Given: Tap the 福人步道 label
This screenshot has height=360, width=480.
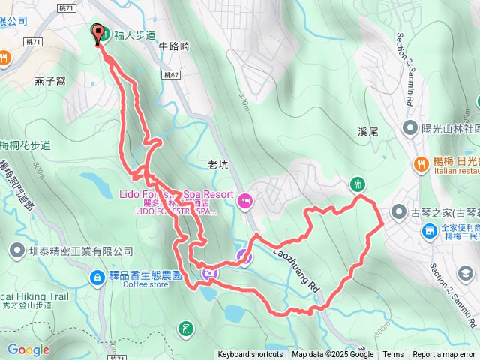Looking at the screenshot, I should pyautogui.click(x=134, y=34).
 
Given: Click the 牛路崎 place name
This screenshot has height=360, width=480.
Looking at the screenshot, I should pyautogui.click(x=175, y=45).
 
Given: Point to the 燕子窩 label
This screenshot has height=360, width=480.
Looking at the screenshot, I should pyautogui.click(x=49, y=79).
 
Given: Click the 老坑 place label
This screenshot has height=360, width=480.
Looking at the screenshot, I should pyautogui.click(x=217, y=163).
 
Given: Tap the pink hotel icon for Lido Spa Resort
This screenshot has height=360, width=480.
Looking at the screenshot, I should pyautogui.click(x=245, y=200).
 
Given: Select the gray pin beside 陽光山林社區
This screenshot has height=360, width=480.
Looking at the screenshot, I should pyautogui.click(x=409, y=127).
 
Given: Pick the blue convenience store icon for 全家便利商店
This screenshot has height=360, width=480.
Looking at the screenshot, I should pyautogui.click(x=428, y=231).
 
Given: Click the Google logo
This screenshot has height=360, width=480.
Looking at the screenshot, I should pyautogui.click(x=28, y=349).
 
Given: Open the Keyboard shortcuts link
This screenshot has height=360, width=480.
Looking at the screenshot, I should pyautogui.click(x=250, y=355).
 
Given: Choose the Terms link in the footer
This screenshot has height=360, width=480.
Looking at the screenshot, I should pyautogui.click(x=393, y=355).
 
